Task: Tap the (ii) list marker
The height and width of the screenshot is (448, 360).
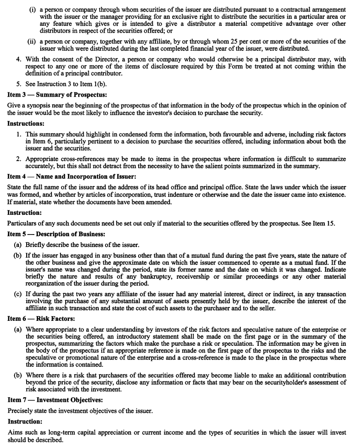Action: pyautogui.click(x=32, y=42)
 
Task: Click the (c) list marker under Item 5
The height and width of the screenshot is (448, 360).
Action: pyautogui.click(x=18, y=294)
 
